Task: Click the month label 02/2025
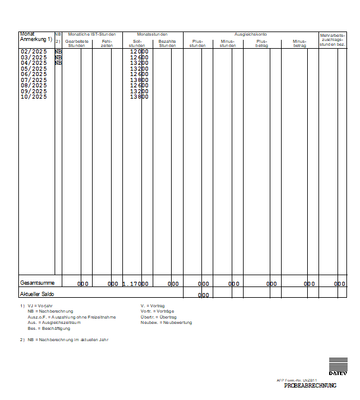coord(33,51)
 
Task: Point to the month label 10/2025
coord(33,97)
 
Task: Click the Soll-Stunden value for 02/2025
coord(139,51)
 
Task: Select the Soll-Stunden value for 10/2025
coord(139,97)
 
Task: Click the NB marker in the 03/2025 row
coord(59,57)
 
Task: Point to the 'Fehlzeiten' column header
coord(108,43)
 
